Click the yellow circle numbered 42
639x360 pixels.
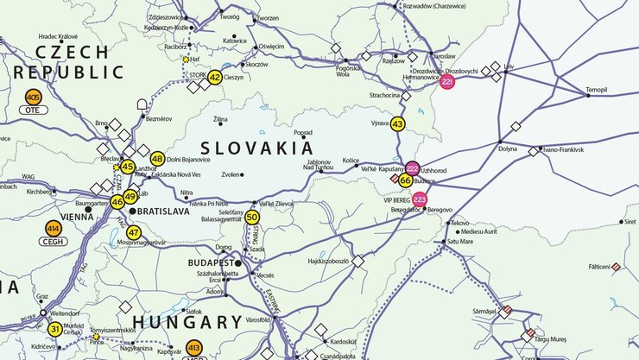pos(215,77)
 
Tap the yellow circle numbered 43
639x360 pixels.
pos(397,124)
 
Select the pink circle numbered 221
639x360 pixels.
pos(447,82)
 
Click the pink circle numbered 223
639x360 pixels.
pos(420,199)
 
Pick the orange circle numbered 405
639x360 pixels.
pos(34,96)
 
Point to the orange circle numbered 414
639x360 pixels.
pos(54,229)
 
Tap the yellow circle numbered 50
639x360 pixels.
pos(252,217)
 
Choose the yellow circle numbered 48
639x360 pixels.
pos(157,159)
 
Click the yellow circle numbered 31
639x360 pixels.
pos(54,328)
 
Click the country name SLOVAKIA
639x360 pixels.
pos(257,148)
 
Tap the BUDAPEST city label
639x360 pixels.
pos(211,262)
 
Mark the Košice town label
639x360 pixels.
pos(350,161)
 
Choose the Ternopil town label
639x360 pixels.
pos(597,90)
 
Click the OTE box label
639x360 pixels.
pos(34,111)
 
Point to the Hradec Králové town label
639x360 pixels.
pos(58,37)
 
